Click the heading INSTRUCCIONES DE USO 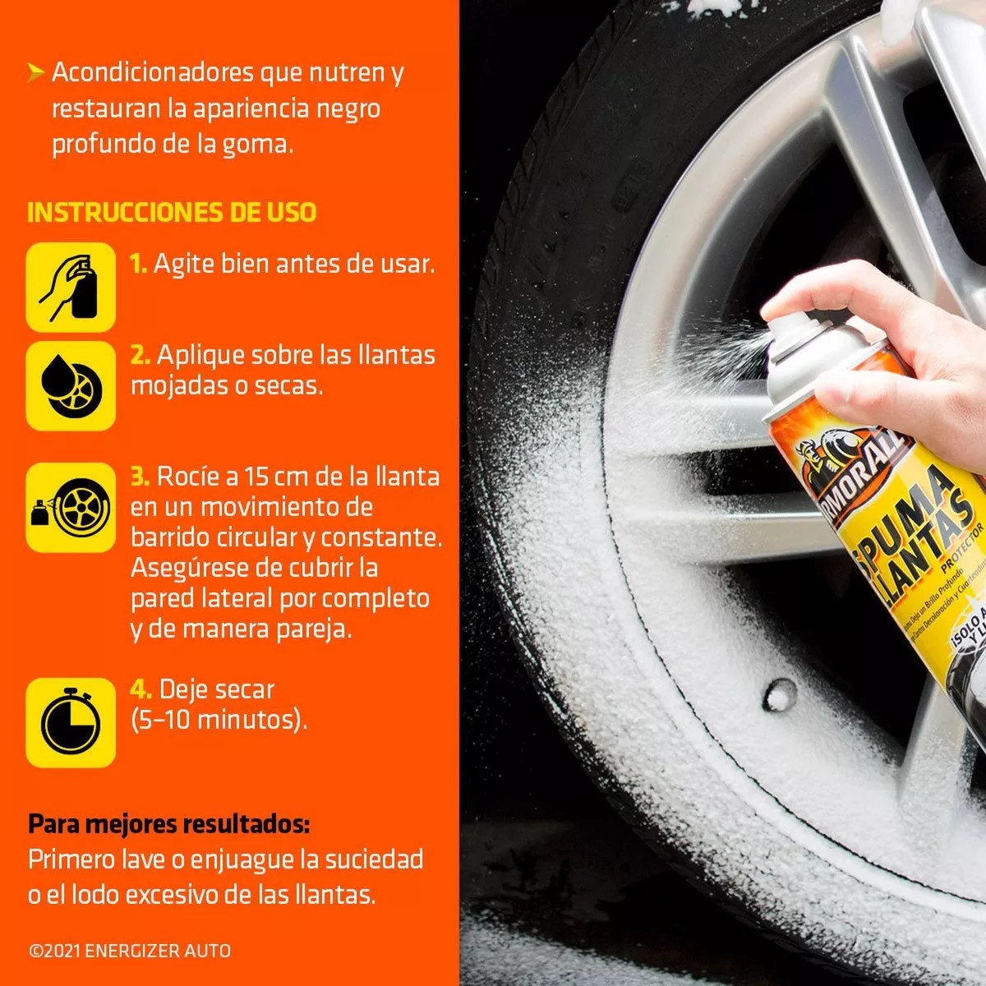point(172,212)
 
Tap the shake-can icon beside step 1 point(71,287)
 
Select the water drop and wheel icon point(71,385)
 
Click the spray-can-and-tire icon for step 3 point(71,507)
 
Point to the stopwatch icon point(71,722)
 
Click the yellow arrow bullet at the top point(35,72)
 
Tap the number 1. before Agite point(138,264)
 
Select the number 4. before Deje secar point(141,689)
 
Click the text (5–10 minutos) point(219,720)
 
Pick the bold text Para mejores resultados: point(169,823)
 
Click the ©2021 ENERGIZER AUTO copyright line point(130,951)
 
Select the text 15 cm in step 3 point(283,477)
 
